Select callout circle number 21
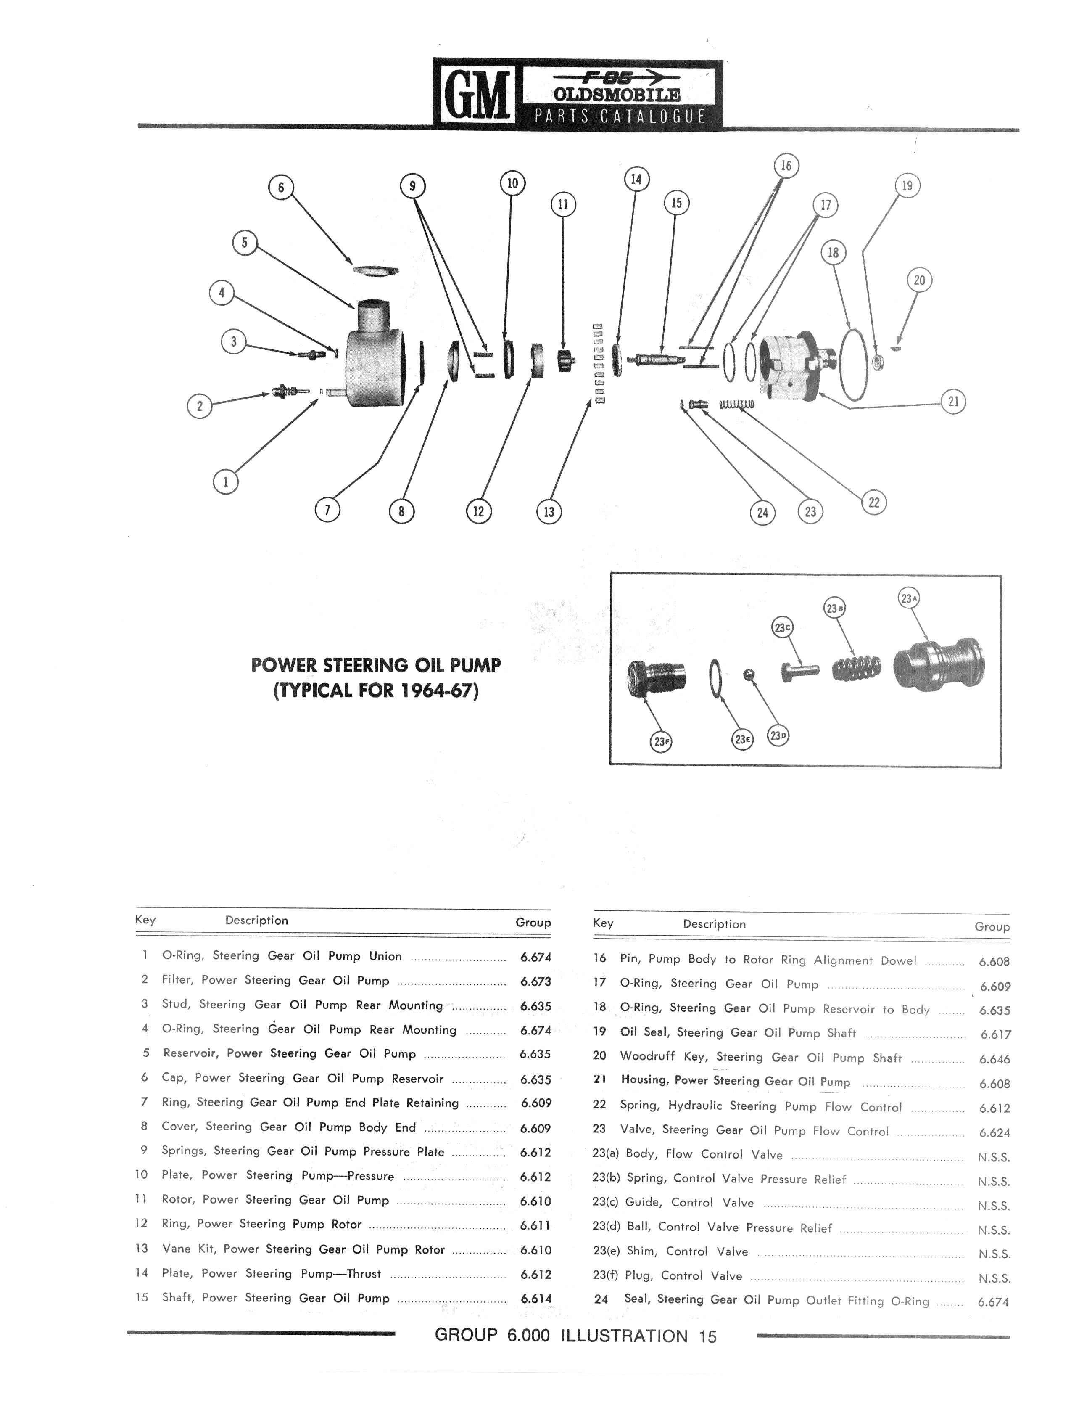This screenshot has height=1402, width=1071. coord(953,402)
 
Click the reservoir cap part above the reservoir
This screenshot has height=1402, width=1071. coord(375,270)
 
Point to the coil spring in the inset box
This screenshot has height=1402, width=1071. coord(858,667)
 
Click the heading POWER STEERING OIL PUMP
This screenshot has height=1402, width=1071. coord(376,665)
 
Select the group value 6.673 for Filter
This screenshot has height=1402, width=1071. coord(535,981)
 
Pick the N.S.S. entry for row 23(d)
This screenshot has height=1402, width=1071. coord(994,1230)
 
